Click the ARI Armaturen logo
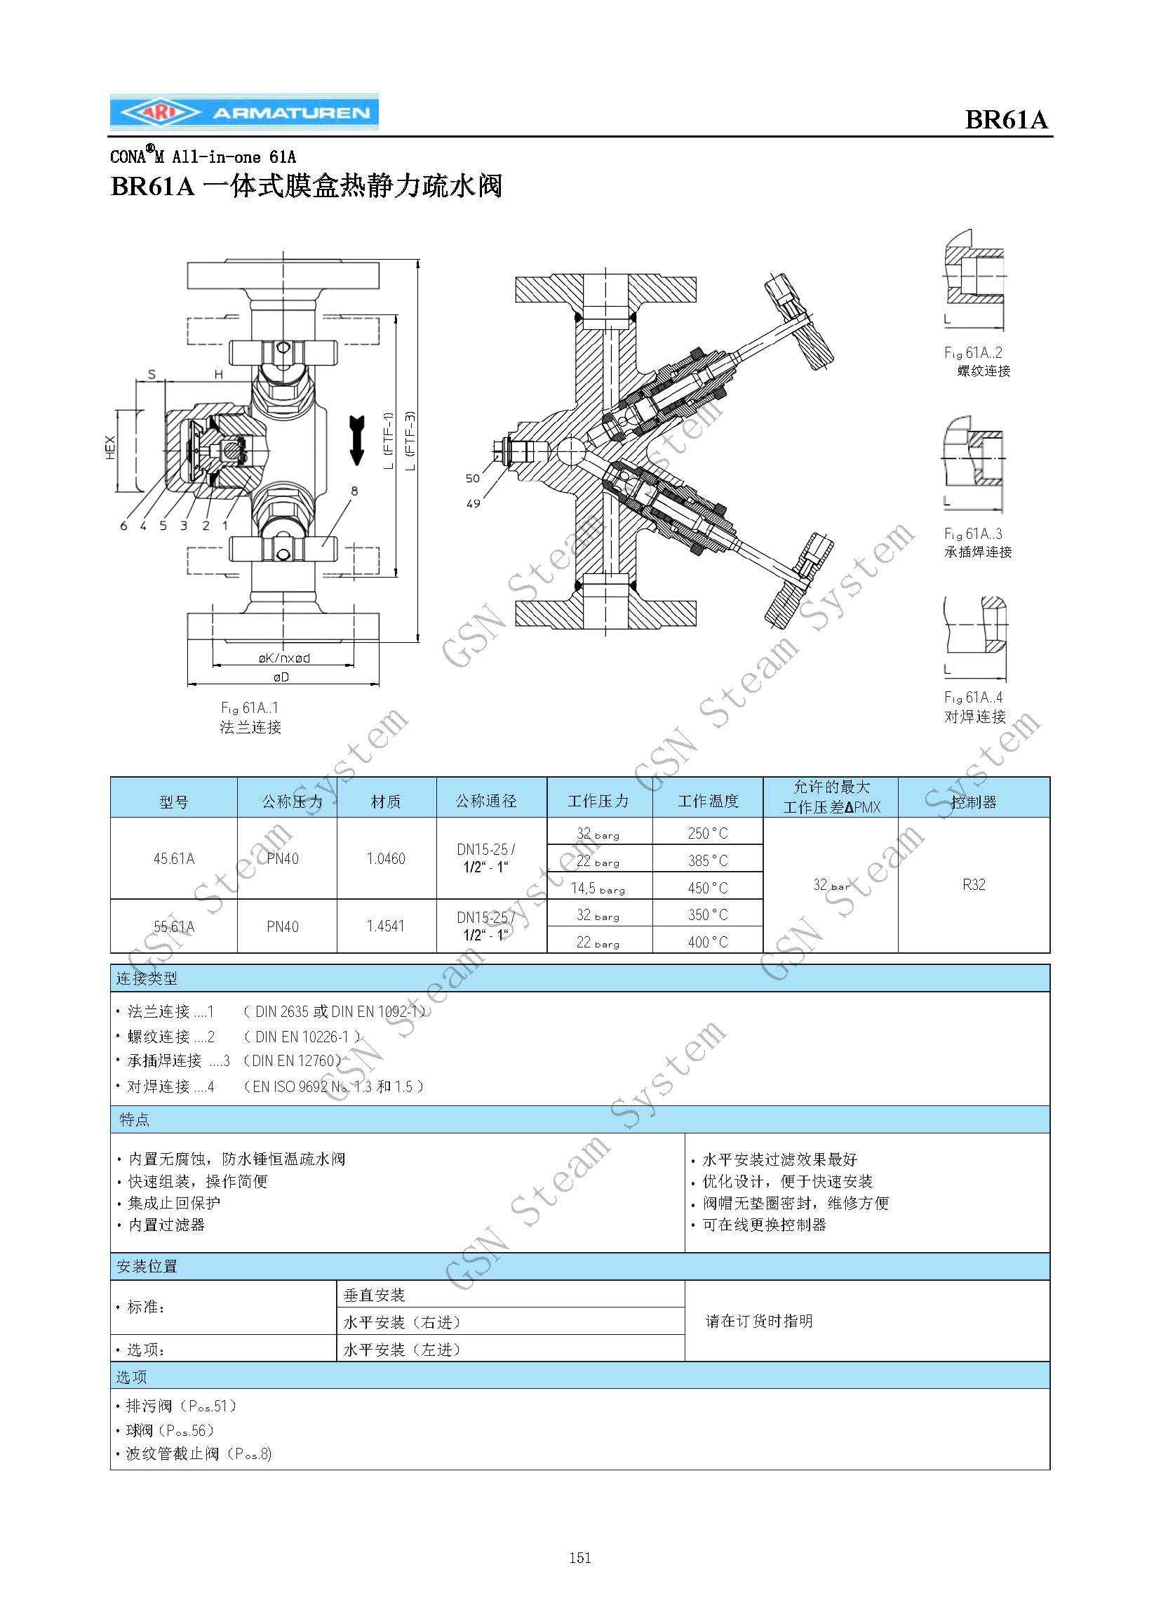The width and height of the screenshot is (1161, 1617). pos(243,112)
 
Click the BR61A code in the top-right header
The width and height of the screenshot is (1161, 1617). pos(1006,119)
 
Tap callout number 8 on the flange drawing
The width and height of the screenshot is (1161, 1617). pos(354,491)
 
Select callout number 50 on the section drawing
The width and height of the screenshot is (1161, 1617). pos(473,479)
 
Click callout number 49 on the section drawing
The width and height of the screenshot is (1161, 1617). pos(474,503)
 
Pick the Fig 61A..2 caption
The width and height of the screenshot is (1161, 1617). pos(973,353)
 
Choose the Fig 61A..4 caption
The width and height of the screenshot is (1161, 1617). pos(973,698)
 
